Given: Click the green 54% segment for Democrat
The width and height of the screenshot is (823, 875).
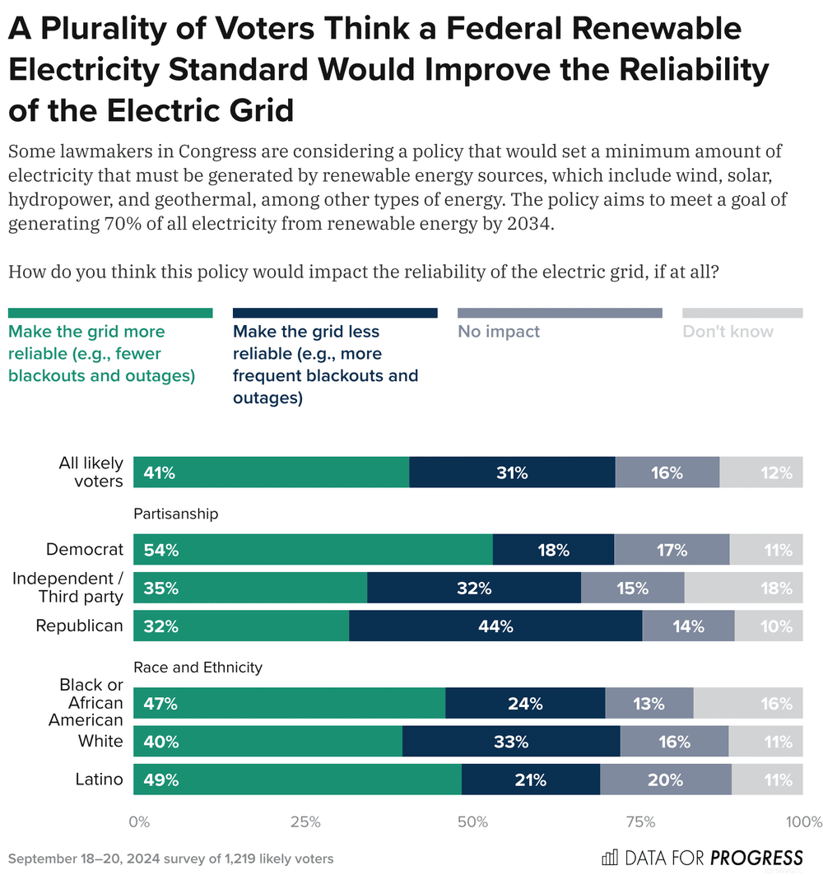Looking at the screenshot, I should [x=313, y=550].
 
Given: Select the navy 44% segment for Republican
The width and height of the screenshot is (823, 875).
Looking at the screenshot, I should [x=495, y=626].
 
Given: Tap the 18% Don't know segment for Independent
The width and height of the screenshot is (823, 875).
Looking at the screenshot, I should [x=743, y=588].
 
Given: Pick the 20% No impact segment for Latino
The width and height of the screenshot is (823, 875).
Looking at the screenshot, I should [x=665, y=780].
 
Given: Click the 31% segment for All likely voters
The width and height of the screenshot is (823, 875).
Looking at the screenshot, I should [x=512, y=472].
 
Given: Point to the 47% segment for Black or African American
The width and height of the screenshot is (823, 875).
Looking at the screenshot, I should [x=289, y=704].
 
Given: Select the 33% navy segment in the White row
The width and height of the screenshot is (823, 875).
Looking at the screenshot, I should [x=511, y=742].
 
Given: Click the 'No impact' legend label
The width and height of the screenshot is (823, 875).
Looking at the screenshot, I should [x=499, y=332].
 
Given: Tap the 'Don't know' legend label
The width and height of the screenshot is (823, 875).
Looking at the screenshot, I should [x=728, y=332].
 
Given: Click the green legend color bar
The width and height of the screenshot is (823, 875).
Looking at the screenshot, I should [x=110, y=313].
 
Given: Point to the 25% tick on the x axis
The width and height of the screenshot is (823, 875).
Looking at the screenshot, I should [x=305, y=821].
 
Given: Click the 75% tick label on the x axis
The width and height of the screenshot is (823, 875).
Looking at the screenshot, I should [x=640, y=821].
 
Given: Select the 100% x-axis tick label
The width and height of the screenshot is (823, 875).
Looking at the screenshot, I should [x=803, y=821].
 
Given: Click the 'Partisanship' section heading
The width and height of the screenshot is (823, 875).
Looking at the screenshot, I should [x=176, y=514].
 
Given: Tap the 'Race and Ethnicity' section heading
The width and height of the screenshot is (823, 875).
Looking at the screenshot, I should [x=198, y=668].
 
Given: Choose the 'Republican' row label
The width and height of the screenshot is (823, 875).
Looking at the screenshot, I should [x=79, y=626].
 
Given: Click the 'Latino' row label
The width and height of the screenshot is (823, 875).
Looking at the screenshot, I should [x=99, y=780].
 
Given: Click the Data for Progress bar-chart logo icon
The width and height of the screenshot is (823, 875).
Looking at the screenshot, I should [x=610, y=858].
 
